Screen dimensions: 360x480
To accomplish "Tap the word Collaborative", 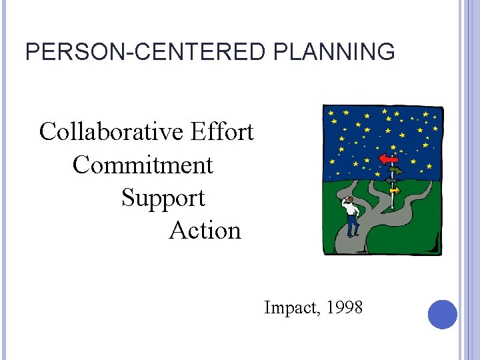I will pyautogui.click(x=111, y=132).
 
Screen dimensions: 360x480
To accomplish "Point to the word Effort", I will pyautogui.click(x=222, y=132).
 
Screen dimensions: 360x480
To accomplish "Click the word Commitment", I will pyautogui.click(x=143, y=165).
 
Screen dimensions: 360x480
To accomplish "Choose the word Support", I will pyautogui.click(x=163, y=198).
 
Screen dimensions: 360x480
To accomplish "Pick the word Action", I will pyautogui.click(x=205, y=231).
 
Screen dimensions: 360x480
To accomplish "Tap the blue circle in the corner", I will pyautogui.click(x=443, y=314).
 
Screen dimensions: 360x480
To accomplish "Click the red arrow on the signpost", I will pyautogui.click(x=387, y=159).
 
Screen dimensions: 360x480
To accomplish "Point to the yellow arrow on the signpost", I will pyautogui.click(x=395, y=190).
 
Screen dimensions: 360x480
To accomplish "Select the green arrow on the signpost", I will pyautogui.click(x=396, y=171).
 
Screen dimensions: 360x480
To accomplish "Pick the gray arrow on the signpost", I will pyautogui.click(x=391, y=180).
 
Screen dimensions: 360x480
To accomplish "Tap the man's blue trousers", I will pyautogui.click(x=353, y=225).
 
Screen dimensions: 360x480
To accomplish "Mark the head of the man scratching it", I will pyautogui.click(x=348, y=199).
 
